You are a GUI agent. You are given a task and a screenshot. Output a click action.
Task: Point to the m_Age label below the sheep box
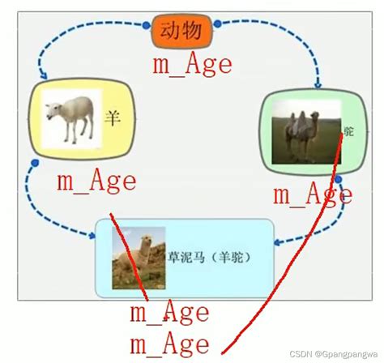[x=96, y=181]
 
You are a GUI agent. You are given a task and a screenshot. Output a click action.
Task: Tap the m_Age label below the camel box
[x=311, y=194]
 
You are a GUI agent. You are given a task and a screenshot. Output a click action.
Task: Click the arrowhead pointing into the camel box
[x=318, y=83]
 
